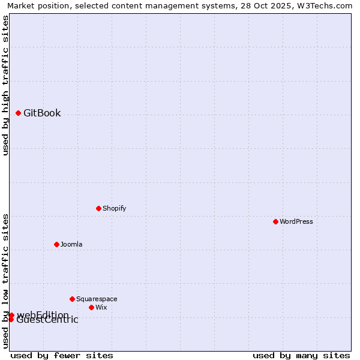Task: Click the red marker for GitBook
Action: pyautogui.click(x=18, y=113)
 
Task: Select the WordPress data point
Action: pyautogui.click(x=275, y=221)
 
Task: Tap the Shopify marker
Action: pyautogui.click(x=98, y=208)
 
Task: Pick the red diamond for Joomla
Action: pyautogui.click(x=56, y=244)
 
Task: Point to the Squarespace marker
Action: pyautogui.click(x=72, y=299)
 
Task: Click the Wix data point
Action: pyautogui.click(x=91, y=307)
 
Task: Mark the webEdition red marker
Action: pyautogui.click(x=11, y=315)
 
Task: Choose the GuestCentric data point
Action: pyautogui.click(x=11, y=319)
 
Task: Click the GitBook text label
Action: pyautogui.click(x=42, y=113)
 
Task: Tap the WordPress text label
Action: pyautogui.click(x=296, y=221)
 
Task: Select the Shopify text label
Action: pyautogui.click(x=114, y=208)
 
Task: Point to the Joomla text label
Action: pyautogui.click(x=71, y=244)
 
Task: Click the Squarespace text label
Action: pyautogui.click(x=97, y=299)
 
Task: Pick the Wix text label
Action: pyautogui.click(x=101, y=307)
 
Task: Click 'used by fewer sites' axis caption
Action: pyautogui.click(x=62, y=355)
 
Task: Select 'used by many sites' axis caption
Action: pyautogui.click(x=301, y=355)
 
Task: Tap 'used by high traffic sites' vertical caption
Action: pyautogui.click(x=6, y=85)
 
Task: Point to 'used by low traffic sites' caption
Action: pyautogui.click(x=6, y=281)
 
